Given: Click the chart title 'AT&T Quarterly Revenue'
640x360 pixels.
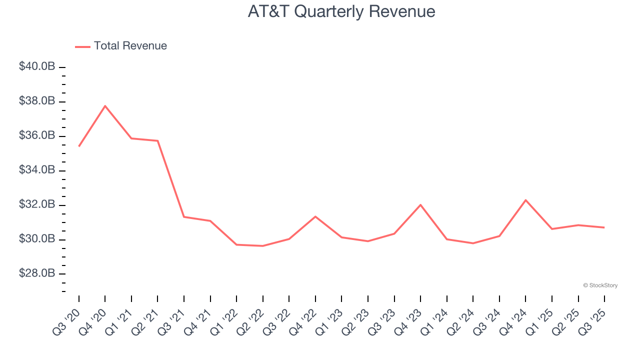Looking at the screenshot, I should [341, 11].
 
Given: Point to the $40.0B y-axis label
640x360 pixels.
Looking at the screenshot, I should [37, 66].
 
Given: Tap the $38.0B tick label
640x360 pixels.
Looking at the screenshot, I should [37, 101].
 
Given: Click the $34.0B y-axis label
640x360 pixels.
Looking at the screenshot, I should [37, 170].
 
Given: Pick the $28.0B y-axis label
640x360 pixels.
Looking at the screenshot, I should [37, 273].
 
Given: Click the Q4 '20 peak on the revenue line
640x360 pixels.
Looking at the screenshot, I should [105, 105].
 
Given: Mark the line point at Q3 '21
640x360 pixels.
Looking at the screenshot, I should [184, 216].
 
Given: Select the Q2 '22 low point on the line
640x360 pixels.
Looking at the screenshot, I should [262, 245].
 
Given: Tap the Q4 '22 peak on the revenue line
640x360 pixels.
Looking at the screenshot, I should [315, 216].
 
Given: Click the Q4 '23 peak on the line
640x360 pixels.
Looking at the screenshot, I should [420, 204].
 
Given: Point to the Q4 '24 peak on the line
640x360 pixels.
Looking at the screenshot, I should [525, 200].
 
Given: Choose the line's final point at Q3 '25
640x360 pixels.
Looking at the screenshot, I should [604, 227].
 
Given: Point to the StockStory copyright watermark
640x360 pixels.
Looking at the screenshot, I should [600, 285].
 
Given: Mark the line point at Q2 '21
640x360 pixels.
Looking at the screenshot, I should [157, 141].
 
